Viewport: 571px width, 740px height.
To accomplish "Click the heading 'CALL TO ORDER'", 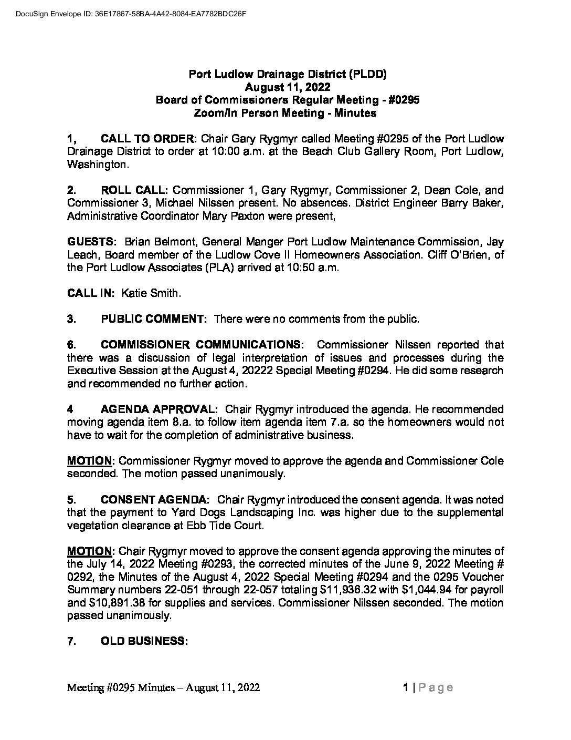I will [147, 139].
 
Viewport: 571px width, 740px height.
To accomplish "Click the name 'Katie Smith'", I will [151, 293].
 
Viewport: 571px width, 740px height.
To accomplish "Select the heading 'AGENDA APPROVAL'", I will [157, 409].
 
